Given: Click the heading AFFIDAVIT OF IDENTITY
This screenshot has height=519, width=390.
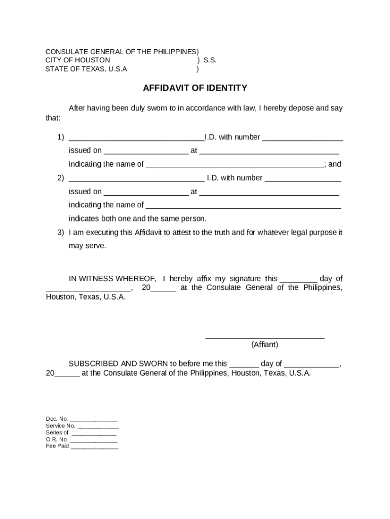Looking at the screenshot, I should coord(194,88).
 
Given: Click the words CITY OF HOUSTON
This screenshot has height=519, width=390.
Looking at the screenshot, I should coord(77,60).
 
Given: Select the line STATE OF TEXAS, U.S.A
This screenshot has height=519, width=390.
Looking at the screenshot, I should coord(86,69).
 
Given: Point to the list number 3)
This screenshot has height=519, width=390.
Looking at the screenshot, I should coord(60,232).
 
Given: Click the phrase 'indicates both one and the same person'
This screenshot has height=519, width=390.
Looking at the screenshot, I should coord(138,219).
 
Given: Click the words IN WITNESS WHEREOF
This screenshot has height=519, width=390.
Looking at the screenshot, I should coord(112,279).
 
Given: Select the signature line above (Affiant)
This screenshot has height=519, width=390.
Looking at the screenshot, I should coord(264,337).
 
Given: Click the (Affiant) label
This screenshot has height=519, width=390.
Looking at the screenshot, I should coord(264,345).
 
